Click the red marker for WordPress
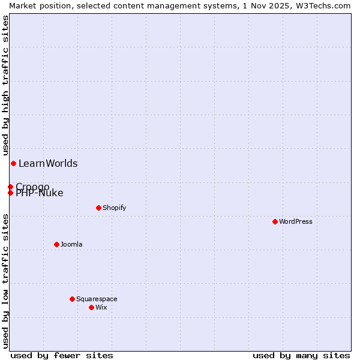(275, 221)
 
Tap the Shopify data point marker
(98, 208)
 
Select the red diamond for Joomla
(56, 244)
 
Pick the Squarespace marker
(72, 299)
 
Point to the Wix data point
(91, 307)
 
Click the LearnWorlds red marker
(13, 163)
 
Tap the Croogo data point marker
(10, 187)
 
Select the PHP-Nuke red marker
(10, 193)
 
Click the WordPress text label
(296, 221)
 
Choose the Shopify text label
(114, 208)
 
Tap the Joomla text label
(71, 244)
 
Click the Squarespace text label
(97, 299)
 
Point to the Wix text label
(101, 307)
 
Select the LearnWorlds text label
(48, 163)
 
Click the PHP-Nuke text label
(40, 193)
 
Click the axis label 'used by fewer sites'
(62, 355)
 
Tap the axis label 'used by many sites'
(301, 355)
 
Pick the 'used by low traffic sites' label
(6, 281)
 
